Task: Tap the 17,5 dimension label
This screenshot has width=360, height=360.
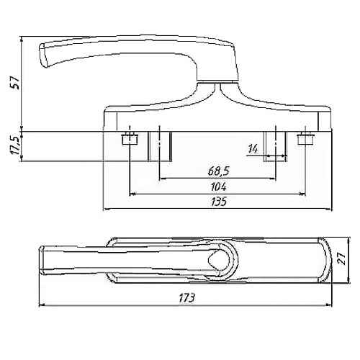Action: [x=15, y=146]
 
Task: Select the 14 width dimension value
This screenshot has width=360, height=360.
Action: [x=253, y=149]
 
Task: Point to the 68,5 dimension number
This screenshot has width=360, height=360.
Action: [x=219, y=171]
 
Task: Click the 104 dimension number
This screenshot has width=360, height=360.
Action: [x=219, y=187]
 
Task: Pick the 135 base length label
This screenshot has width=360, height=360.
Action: [x=219, y=202]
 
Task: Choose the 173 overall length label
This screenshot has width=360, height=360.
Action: [x=186, y=298]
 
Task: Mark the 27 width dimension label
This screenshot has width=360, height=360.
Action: [x=343, y=258]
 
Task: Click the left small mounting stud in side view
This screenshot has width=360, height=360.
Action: [x=130, y=140]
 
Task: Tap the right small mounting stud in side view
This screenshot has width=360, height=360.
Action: [x=305, y=139]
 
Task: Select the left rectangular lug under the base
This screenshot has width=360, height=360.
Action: [x=160, y=146]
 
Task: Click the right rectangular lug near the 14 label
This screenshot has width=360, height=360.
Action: [x=275, y=146]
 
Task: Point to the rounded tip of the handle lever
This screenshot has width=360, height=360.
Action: [x=43, y=55]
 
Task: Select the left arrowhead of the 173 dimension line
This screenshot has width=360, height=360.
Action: [x=42, y=305]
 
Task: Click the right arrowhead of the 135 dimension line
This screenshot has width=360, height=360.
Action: [x=328, y=210]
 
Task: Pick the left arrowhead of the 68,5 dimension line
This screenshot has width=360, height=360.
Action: [x=163, y=179]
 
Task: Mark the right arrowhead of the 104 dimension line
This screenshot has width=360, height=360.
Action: [x=302, y=194]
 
